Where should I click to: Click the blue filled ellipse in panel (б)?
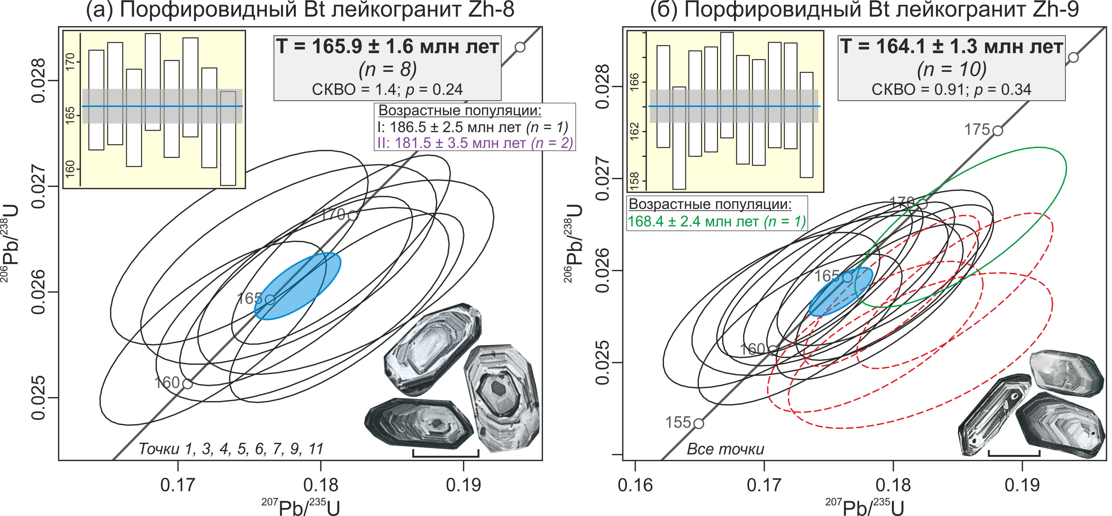(840, 292)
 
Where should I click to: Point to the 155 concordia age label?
(678, 422)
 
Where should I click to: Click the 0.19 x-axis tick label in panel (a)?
(463, 485)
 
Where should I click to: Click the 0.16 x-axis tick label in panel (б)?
(635, 485)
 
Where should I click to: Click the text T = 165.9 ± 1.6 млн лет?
(387, 47)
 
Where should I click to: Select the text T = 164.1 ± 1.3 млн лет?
(951, 47)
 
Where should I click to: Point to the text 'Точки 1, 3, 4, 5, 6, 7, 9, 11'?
(231, 449)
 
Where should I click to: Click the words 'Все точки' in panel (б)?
(725, 449)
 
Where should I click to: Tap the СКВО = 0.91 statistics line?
(951, 89)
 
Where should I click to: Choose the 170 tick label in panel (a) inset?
(70, 62)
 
